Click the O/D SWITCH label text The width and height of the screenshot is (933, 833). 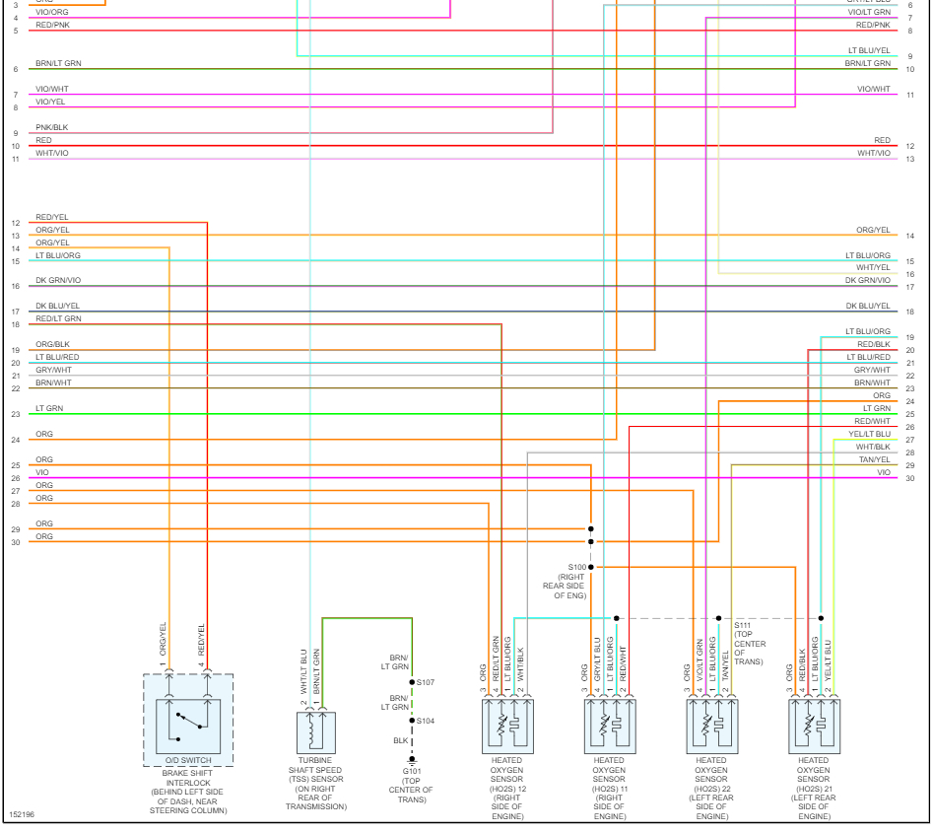188,760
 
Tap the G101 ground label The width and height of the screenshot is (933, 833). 412,772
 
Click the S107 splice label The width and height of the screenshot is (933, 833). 426,682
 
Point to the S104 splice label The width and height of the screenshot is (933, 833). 426,721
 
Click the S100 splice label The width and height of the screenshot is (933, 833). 576,567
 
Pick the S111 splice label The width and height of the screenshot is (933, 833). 743,625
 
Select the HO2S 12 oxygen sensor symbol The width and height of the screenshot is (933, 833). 507,726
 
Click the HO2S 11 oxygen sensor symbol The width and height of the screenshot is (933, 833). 609,726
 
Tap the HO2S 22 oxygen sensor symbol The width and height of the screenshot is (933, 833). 711,726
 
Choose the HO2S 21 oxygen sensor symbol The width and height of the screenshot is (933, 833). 814,726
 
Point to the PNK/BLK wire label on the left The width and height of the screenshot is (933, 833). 52,127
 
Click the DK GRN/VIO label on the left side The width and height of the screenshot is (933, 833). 58,281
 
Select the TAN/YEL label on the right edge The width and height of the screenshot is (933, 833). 874,459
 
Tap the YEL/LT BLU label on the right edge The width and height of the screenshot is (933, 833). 869,434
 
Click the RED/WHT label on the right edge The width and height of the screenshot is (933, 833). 872,421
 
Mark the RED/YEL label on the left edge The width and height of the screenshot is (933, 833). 52,217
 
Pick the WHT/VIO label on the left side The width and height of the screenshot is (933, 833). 52,153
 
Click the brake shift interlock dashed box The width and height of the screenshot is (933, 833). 188,720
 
